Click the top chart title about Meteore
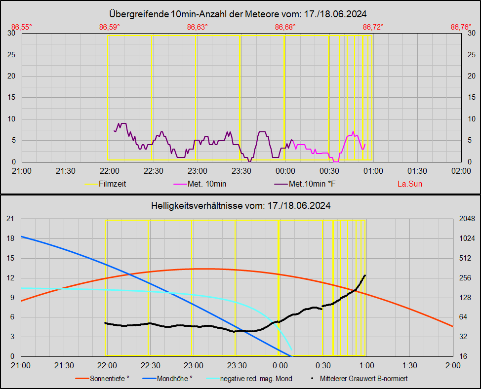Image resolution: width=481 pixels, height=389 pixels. click(240, 14)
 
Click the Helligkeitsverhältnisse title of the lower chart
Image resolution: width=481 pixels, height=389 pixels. click(240, 205)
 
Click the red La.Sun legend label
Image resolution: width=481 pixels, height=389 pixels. click(410, 184)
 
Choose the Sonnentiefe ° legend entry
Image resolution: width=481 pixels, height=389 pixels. click(109, 379)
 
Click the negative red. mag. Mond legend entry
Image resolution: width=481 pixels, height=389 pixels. click(256, 379)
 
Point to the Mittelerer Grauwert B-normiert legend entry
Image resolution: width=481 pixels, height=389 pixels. click(363, 379)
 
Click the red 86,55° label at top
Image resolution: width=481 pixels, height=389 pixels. click(22, 27)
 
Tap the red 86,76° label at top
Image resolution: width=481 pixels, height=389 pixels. click(461, 27)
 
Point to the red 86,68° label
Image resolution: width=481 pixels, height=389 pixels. click(285, 27)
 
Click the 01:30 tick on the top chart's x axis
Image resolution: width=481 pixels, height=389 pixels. click(417, 171)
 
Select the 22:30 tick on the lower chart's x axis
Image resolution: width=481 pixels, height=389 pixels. click(150, 365)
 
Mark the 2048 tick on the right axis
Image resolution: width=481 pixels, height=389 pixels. click(467, 219)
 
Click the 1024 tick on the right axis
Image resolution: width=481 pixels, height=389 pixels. click(467, 238)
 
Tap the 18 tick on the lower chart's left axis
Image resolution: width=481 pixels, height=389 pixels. click(10, 238)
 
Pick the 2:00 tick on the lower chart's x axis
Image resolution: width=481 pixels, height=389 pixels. click(452, 365)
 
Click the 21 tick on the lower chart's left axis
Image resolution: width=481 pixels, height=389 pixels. click(10, 219)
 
